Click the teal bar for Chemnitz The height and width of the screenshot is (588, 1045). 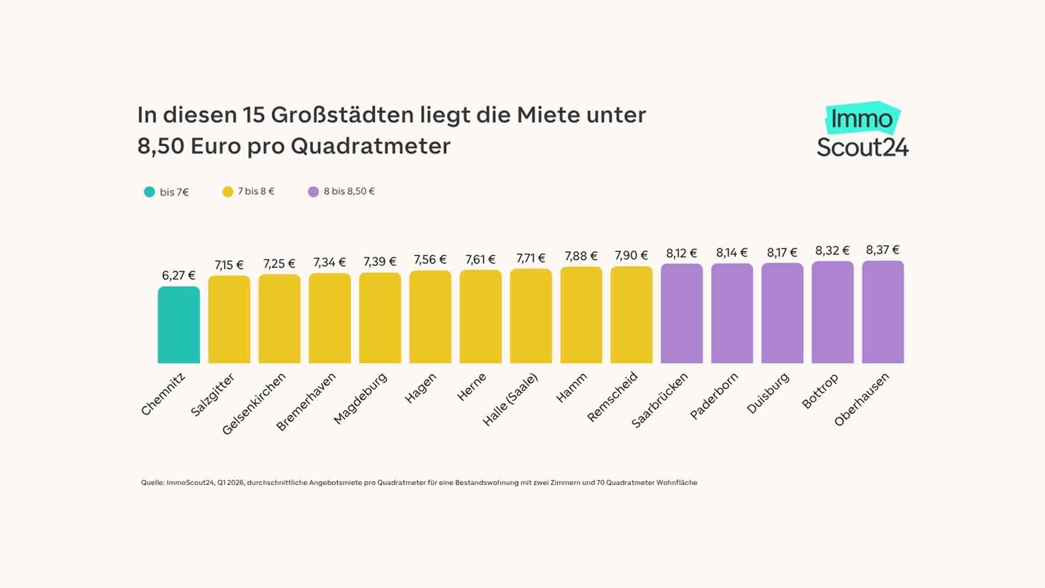[x=179, y=325]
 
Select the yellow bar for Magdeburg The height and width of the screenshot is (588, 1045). [x=380, y=318]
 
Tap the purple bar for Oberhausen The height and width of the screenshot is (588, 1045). [x=883, y=312]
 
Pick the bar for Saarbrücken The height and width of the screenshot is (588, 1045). [x=682, y=314]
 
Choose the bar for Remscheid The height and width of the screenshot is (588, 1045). [x=632, y=315]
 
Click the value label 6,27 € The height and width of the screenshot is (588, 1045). [x=179, y=275]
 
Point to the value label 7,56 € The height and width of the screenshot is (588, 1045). [x=430, y=260]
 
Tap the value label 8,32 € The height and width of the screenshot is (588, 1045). [x=832, y=251]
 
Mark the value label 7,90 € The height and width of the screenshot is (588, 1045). [x=631, y=256]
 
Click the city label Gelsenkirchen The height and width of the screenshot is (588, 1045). [x=254, y=403]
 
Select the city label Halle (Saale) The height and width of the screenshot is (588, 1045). [x=510, y=400]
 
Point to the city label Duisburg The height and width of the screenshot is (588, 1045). [x=768, y=394]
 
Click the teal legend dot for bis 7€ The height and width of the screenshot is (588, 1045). [x=149, y=192]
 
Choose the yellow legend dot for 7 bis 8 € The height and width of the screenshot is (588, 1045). [x=228, y=192]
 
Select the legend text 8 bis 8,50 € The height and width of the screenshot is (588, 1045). [x=349, y=191]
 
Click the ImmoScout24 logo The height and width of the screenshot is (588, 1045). [x=863, y=130]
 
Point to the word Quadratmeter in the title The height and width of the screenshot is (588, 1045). [x=370, y=146]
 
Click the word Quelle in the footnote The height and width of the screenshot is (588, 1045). [x=152, y=482]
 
